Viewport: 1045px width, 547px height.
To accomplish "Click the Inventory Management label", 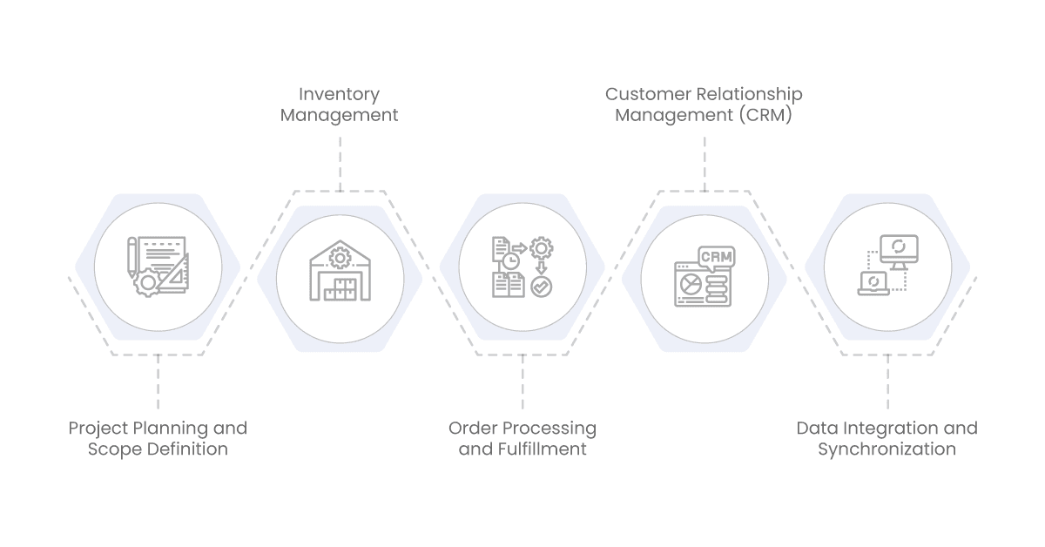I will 340,105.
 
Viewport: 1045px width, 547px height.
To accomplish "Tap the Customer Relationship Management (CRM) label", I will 704,105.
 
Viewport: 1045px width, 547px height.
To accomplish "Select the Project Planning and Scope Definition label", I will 158,439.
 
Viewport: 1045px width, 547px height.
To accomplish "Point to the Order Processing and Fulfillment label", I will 522,439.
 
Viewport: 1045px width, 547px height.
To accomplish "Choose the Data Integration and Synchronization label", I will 887,439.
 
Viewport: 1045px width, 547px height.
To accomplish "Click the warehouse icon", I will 340,272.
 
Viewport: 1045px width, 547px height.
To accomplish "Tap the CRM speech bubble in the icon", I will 715,257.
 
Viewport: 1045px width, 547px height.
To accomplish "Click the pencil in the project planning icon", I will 132,256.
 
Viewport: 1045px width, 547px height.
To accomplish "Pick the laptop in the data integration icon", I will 873,283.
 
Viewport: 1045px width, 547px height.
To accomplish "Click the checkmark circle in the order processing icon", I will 541,286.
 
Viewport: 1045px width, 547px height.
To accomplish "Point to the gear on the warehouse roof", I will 340,258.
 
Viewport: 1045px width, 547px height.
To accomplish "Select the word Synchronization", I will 887,449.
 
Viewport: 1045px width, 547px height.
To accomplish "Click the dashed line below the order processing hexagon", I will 522,383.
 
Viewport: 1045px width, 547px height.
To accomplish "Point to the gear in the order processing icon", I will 542,249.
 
